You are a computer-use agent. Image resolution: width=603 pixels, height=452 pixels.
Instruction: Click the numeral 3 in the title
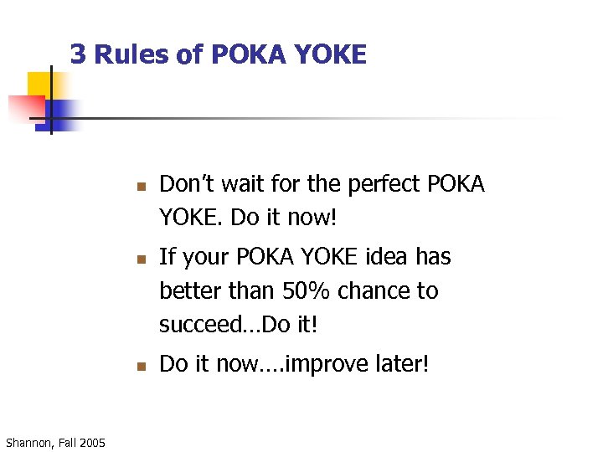click(78, 54)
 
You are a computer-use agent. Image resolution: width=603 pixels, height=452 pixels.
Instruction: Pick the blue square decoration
click(63, 112)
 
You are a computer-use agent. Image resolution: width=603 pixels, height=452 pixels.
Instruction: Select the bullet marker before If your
click(142, 259)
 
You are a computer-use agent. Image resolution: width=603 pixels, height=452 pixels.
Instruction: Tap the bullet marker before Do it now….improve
click(142, 366)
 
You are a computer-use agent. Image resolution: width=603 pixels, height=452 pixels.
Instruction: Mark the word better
click(188, 291)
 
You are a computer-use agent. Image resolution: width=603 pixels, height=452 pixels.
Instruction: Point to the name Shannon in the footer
click(27, 442)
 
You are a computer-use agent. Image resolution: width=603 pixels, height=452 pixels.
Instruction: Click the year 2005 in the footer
click(92, 442)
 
